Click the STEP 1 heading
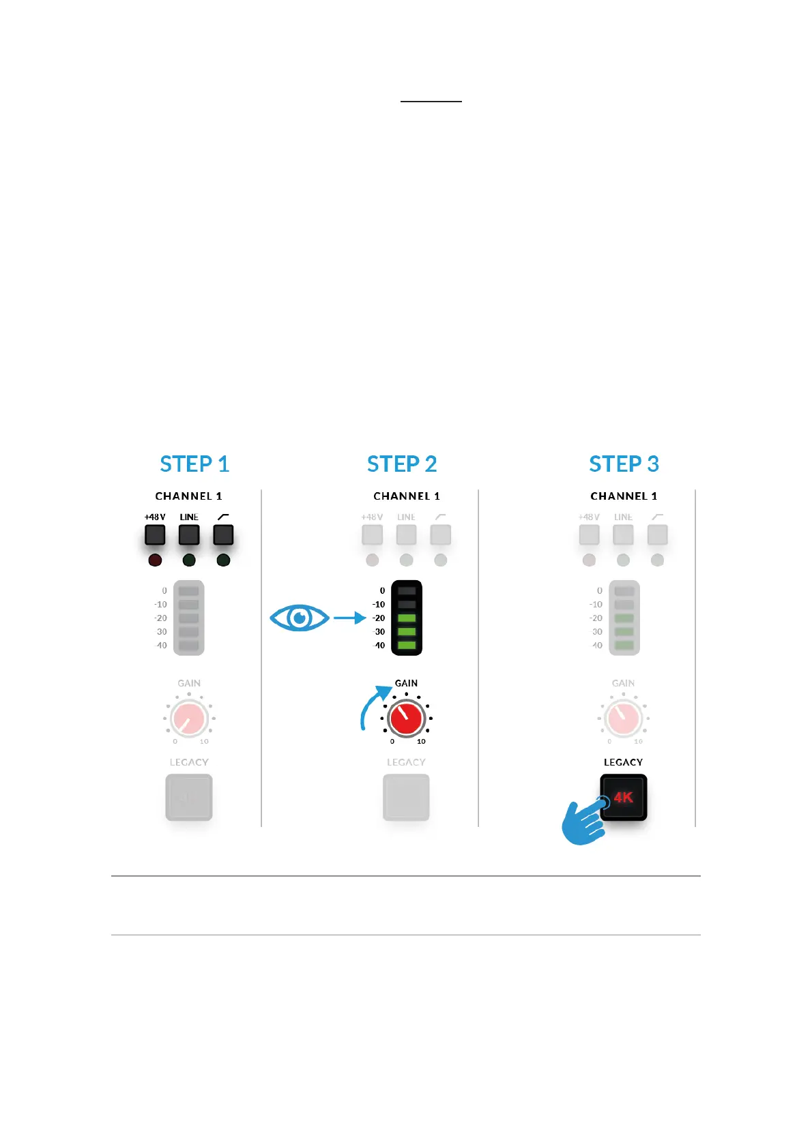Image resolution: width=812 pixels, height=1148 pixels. tap(194, 464)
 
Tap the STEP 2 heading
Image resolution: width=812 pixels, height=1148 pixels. tap(402, 464)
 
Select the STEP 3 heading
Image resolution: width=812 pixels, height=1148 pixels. tap(624, 464)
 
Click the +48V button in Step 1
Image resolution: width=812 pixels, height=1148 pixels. tap(155, 534)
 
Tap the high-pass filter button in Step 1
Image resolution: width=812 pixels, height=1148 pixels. tap(223, 534)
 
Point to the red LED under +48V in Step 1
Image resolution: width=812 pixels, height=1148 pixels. tap(155, 560)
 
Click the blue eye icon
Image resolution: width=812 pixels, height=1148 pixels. tap(300, 618)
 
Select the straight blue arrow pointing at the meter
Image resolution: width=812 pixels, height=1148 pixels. tap(349, 618)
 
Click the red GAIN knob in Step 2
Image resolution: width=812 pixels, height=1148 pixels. tap(406, 718)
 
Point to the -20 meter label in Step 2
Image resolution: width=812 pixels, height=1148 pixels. tap(379, 618)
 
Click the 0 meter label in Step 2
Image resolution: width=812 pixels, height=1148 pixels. tap(382, 591)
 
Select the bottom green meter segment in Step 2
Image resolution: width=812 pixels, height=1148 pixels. tap(407, 645)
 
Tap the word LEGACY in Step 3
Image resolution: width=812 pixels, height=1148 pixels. tap(623, 762)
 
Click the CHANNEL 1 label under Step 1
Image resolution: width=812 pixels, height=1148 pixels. tap(188, 496)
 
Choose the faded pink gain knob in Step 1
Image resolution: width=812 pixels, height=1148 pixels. tap(189, 718)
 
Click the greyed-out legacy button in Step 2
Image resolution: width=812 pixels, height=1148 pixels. tap(406, 797)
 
